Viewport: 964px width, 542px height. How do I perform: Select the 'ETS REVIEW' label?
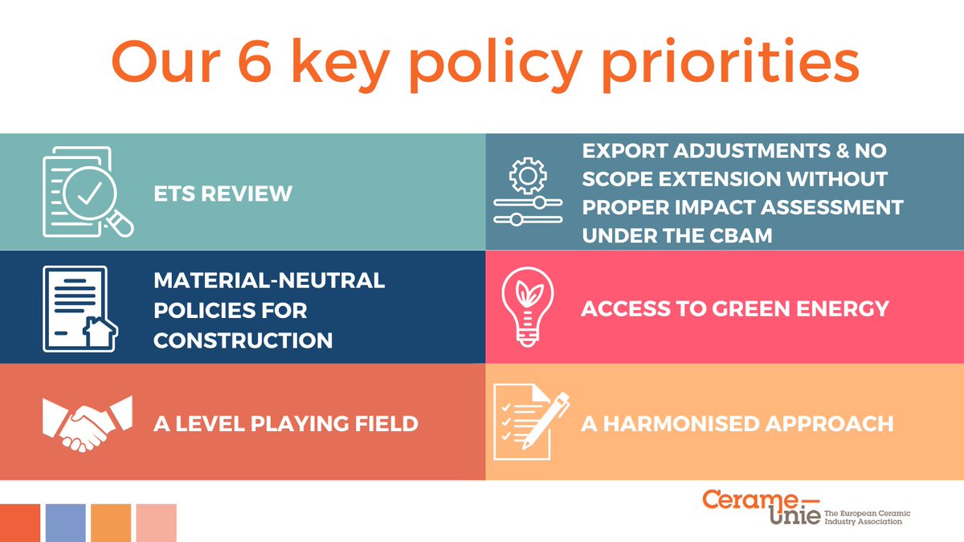coord(223,194)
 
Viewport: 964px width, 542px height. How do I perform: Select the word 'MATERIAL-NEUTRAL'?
coord(269,280)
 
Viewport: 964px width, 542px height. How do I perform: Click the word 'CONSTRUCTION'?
coord(243,340)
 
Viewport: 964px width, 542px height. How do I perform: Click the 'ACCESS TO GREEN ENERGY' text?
coord(734,308)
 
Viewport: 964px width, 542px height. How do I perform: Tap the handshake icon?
coord(87,422)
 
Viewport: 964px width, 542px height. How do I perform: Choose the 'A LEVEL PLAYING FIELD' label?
coord(285,423)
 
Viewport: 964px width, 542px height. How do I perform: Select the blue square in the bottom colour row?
coord(66,523)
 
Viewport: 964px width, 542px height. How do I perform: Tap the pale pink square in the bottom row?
coord(156,523)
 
